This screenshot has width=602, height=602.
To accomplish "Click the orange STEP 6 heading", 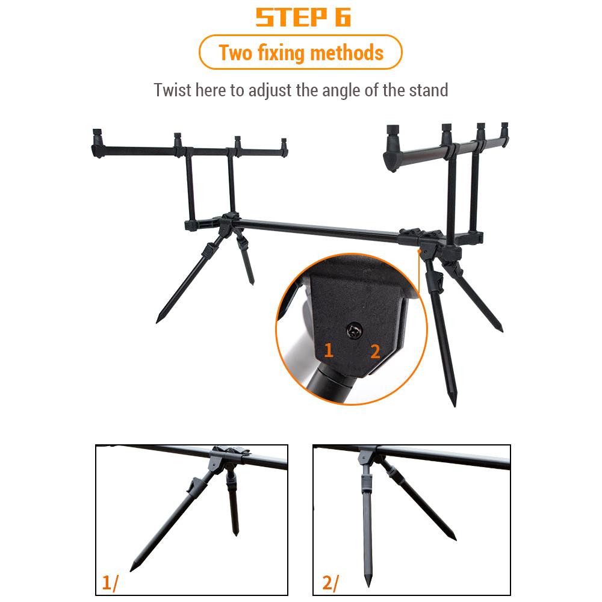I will [303, 17].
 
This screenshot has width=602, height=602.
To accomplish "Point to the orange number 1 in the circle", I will [328, 350].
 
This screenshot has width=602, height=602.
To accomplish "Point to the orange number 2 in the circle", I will [375, 352].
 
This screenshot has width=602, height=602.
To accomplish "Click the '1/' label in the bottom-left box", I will [111, 583].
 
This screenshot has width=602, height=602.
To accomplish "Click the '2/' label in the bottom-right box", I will [330, 583].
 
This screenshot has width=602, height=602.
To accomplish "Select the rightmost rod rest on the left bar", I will [284, 144].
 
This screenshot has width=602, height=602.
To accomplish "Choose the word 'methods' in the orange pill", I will [346, 53].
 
